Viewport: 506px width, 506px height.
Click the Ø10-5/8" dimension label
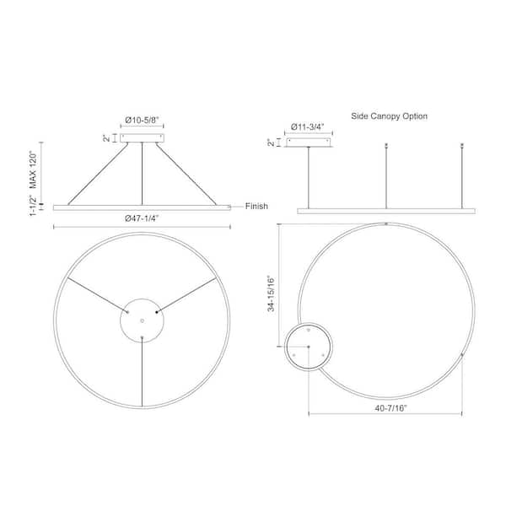[x=142, y=120]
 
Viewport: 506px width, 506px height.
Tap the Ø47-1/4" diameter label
[x=142, y=218]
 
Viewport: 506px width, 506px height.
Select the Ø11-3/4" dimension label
[x=308, y=126]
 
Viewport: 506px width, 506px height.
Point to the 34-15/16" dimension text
[x=271, y=293]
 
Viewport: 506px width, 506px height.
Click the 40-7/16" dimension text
[x=390, y=408]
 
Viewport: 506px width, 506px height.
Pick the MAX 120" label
[x=33, y=170]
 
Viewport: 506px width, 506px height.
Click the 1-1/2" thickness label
[x=33, y=206]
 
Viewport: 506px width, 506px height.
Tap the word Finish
[x=256, y=206]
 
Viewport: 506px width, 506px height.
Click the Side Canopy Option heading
[x=389, y=116]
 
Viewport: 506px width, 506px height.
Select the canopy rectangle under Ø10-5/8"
[x=142, y=138]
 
